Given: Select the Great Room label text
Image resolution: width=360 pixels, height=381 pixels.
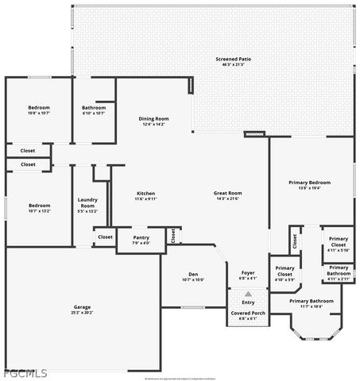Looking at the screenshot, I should pyautogui.click(x=228, y=193).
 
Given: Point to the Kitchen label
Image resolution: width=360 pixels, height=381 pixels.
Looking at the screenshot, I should pyautogui.click(x=145, y=193).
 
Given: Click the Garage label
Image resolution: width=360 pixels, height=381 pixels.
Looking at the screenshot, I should pyautogui.click(x=83, y=306).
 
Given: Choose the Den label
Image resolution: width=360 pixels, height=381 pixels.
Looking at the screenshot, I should pyautogui.click(x=193, y=274).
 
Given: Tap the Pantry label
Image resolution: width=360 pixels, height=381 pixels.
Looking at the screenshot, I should pyautogui.click(x=141, y=237).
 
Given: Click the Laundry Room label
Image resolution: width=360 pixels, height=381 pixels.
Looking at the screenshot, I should pyautogui.click(x=87, y=203).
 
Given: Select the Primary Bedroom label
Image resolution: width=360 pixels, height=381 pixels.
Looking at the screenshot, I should pyautogui.click(x=309, y=183).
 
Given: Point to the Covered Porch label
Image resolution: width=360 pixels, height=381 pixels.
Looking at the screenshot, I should pyautogui.click(x=249, y=313).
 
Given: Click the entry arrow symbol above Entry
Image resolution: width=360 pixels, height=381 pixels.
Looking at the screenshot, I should pyautogui.click(x=248, y=294).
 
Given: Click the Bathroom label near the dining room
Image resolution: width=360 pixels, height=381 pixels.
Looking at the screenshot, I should pyautogui.click(x=94, y=107).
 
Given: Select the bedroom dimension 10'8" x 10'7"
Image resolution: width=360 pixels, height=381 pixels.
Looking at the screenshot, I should pyautogui.click(x=39, y=114).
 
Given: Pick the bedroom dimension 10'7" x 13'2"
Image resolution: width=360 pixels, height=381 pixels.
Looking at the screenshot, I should pyautogui.click(x=39, y=211).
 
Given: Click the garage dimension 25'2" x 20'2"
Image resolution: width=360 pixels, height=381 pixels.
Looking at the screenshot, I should pyautogui.click(x=83, y=313).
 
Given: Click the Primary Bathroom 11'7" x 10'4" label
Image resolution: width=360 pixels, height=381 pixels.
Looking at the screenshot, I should pyautogui.click(x=311, y=304).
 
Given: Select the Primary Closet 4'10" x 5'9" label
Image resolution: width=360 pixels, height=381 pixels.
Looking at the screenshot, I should pyautogui.click(x=285, y=274).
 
